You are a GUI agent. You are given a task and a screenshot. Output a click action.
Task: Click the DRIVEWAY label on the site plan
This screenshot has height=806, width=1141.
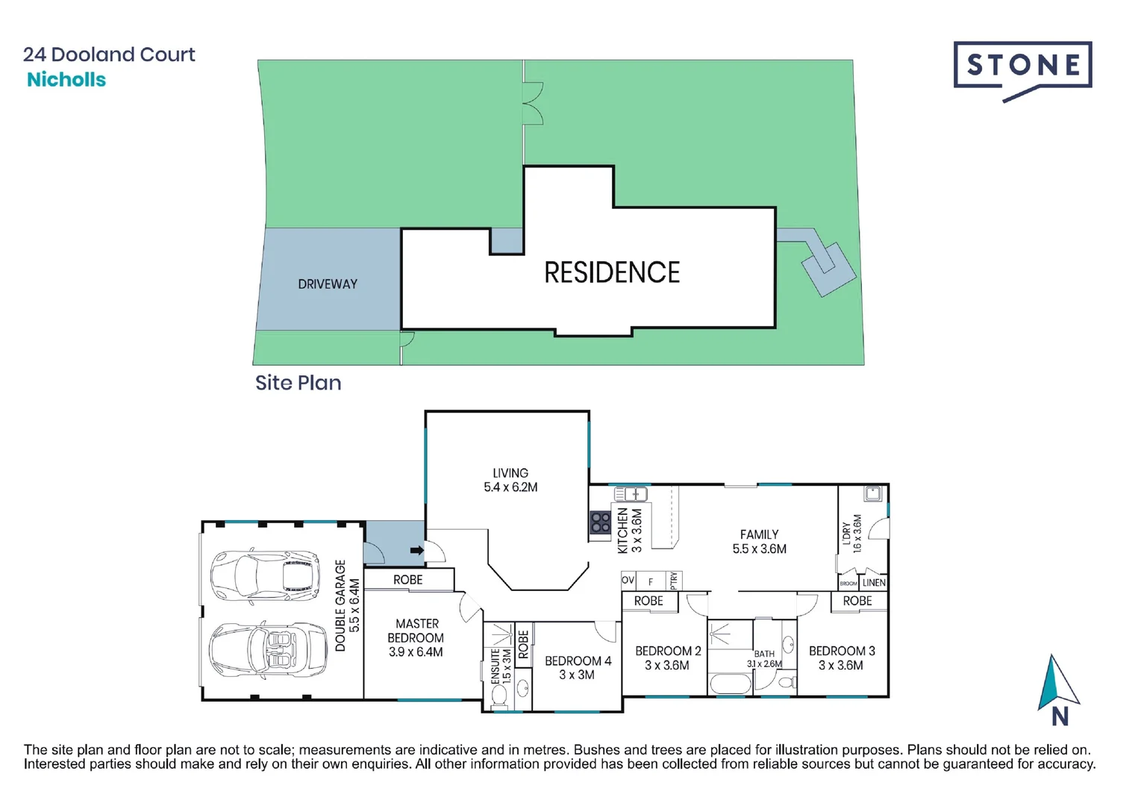(x=327, y=284)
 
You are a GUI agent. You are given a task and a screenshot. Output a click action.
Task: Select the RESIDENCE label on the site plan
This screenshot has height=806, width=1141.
(x=611, y=273)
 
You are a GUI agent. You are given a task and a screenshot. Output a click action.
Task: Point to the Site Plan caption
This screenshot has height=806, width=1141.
(x=298, y=383)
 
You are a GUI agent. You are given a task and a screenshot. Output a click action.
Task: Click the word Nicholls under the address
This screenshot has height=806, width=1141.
(x=66, y=80)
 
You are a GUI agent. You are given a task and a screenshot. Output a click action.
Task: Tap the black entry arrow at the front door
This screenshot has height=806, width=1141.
(x=416, y=551)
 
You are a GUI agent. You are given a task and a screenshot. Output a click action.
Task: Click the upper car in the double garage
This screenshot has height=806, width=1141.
(x=265, y=575)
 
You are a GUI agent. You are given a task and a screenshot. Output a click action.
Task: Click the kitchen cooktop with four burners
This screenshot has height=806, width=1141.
(x=601, y=523)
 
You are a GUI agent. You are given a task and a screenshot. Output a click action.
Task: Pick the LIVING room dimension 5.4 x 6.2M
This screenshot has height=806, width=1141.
(x=510, y=487)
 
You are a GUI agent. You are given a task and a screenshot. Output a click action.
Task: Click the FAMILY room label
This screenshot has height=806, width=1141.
(x=759, y=534)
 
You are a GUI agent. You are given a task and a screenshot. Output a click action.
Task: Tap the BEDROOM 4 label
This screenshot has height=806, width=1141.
(x=578, y=661)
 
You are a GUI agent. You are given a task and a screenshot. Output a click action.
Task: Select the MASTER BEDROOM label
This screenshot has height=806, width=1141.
(x=416, y=631)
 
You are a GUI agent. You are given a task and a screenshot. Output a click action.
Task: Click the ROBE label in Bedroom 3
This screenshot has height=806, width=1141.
(x=857, y=601)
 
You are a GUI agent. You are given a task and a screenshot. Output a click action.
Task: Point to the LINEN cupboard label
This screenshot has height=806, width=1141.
(x=874, y=583)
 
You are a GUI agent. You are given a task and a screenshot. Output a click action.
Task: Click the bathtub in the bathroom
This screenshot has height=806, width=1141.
(x=730, y=684)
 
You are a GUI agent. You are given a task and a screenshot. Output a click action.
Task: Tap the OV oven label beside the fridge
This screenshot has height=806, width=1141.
(x=628, y=580)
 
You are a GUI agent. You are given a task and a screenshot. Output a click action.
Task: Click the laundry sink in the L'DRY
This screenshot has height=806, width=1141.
(x=872, y=493)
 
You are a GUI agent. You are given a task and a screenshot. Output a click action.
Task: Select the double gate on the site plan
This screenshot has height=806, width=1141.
(x=532, y=103)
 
